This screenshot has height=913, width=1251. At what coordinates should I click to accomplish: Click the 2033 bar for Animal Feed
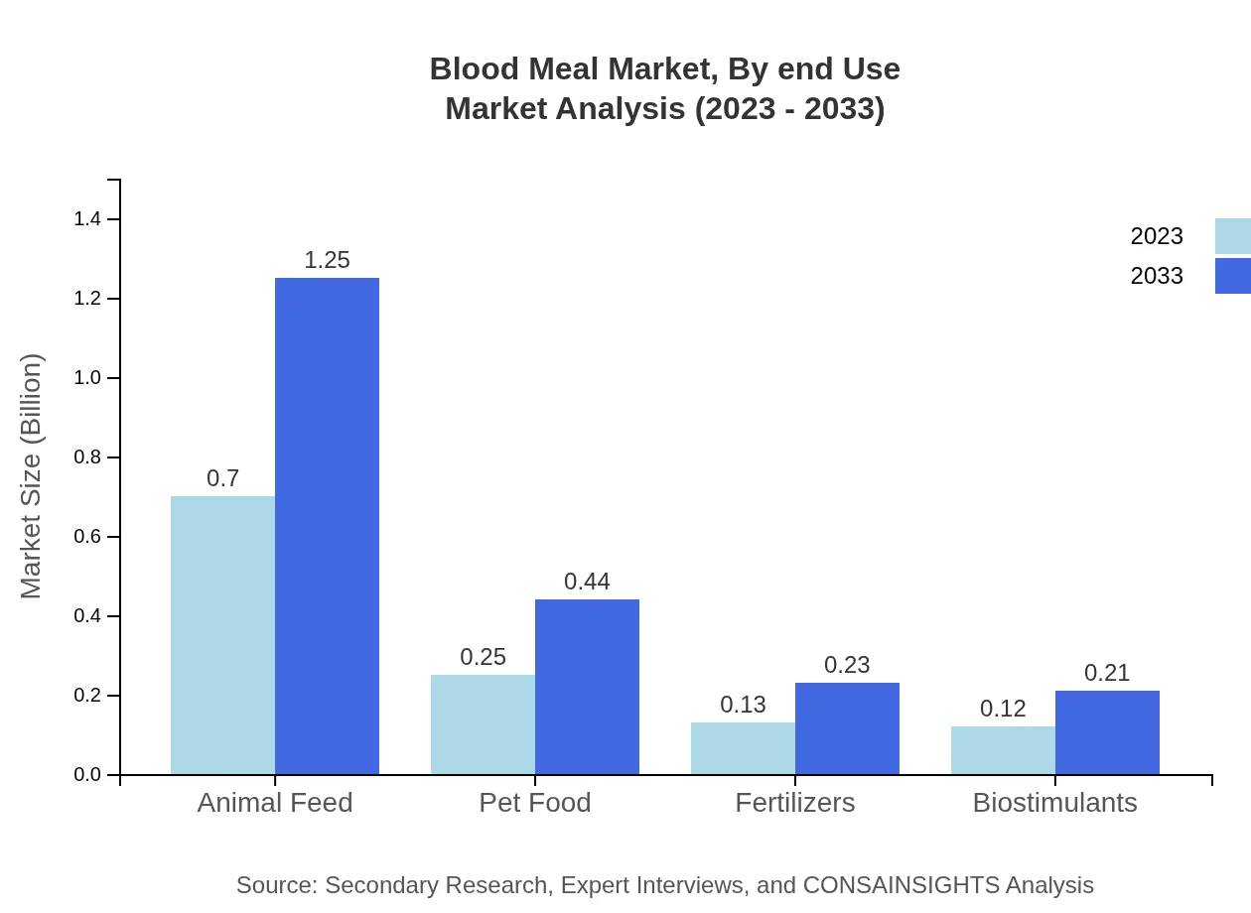click(x=327, y=526)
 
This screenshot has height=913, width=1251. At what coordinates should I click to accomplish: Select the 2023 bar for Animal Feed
click(x=222, y=635)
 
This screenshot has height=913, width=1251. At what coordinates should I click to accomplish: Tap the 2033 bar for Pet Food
click(x=587, y=687)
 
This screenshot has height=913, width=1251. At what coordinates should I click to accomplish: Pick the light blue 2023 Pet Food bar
click(x=483, y=724)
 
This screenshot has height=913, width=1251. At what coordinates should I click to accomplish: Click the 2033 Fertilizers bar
click(x=847, y=728)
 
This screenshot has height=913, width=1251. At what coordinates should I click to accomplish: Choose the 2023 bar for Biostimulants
click(x=1003, y=750)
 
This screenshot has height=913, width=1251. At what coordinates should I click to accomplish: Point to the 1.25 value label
click(x=327, y=260)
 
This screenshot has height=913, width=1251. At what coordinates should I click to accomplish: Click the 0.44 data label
click(x=587, y=582)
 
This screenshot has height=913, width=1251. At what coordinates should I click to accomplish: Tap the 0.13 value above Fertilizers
click(x=743, y=705)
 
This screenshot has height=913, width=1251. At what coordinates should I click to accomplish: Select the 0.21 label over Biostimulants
click(x=1107, y=673)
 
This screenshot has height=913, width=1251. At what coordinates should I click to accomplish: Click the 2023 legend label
click(x=1157, y=236)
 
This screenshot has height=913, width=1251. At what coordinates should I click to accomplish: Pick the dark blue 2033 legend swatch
click(x=1232, y=276)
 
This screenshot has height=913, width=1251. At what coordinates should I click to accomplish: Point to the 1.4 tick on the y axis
click(x=87, y=219)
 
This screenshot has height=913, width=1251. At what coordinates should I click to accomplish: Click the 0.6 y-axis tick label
click(x=87, y=537)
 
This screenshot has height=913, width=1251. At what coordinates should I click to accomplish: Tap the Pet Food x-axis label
click(x=535, y=802)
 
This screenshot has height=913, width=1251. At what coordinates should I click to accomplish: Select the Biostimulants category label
click(x=1054, y=802)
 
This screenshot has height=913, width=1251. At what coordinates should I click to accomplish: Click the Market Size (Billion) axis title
click(x=32, y=476)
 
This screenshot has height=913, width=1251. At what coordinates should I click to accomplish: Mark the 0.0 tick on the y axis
click(x=87, y=775)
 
